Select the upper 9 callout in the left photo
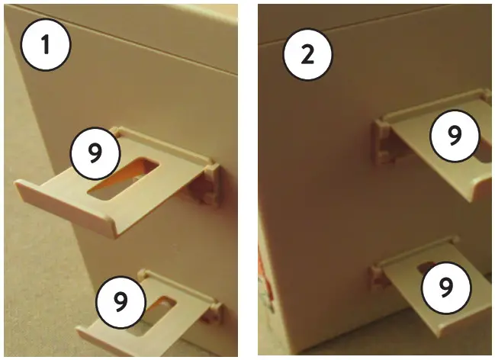95,153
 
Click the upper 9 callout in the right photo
455,135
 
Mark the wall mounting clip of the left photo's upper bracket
206,183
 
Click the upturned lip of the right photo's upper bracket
481,187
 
